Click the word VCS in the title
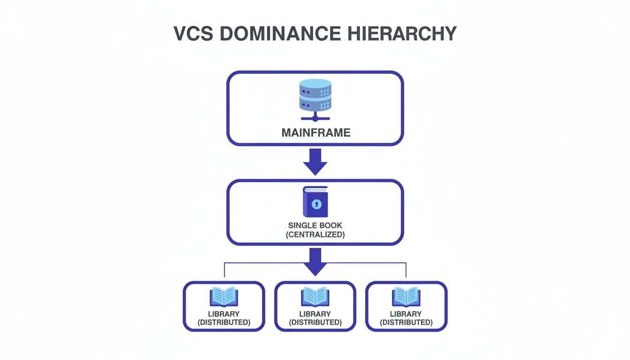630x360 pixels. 192,34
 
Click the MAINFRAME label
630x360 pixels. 315,133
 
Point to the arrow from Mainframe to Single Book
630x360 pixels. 315,162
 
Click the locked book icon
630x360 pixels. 315,202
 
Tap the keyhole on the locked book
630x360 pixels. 317,204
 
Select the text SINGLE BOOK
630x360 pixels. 315,225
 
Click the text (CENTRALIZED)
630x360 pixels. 315,234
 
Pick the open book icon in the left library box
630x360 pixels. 224,297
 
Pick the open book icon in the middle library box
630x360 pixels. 315,297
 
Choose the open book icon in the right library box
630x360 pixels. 406,297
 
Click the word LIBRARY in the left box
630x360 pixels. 224,314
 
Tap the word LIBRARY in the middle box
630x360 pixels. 315,314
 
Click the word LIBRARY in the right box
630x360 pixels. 406,314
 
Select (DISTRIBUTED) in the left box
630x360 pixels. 224,322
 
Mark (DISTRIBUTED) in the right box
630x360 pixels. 406,322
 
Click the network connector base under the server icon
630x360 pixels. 315,118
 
